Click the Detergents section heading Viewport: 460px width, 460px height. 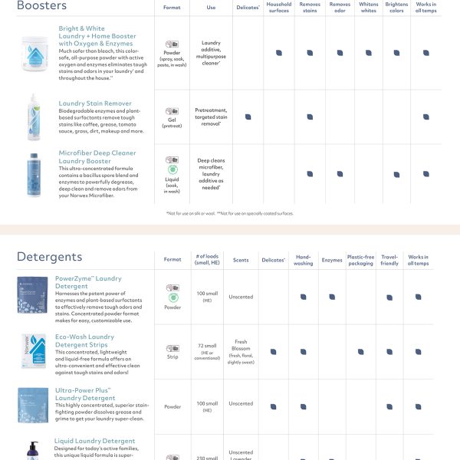pos(49,257)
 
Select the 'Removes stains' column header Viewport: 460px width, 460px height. pos(310,8)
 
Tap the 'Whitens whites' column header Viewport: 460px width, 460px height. pos(368,8)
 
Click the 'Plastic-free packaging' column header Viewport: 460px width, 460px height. pos(360,261)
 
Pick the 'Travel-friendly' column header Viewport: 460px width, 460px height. pos(389,261)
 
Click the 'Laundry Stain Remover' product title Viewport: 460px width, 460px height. pos(95,103)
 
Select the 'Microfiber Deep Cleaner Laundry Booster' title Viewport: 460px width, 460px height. pos(97,157)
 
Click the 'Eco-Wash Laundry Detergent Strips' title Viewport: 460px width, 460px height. pos(84,340)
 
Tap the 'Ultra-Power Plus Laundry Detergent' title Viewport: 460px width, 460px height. pos(84,394)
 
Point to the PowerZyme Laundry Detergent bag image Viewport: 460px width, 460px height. pos(32,295)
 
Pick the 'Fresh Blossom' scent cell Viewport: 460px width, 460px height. pos(241,352)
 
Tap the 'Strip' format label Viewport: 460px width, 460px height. pos(172,357)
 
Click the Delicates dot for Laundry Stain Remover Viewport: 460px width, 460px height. pos(248,117)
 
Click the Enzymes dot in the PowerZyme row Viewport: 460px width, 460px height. pos(331,297)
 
